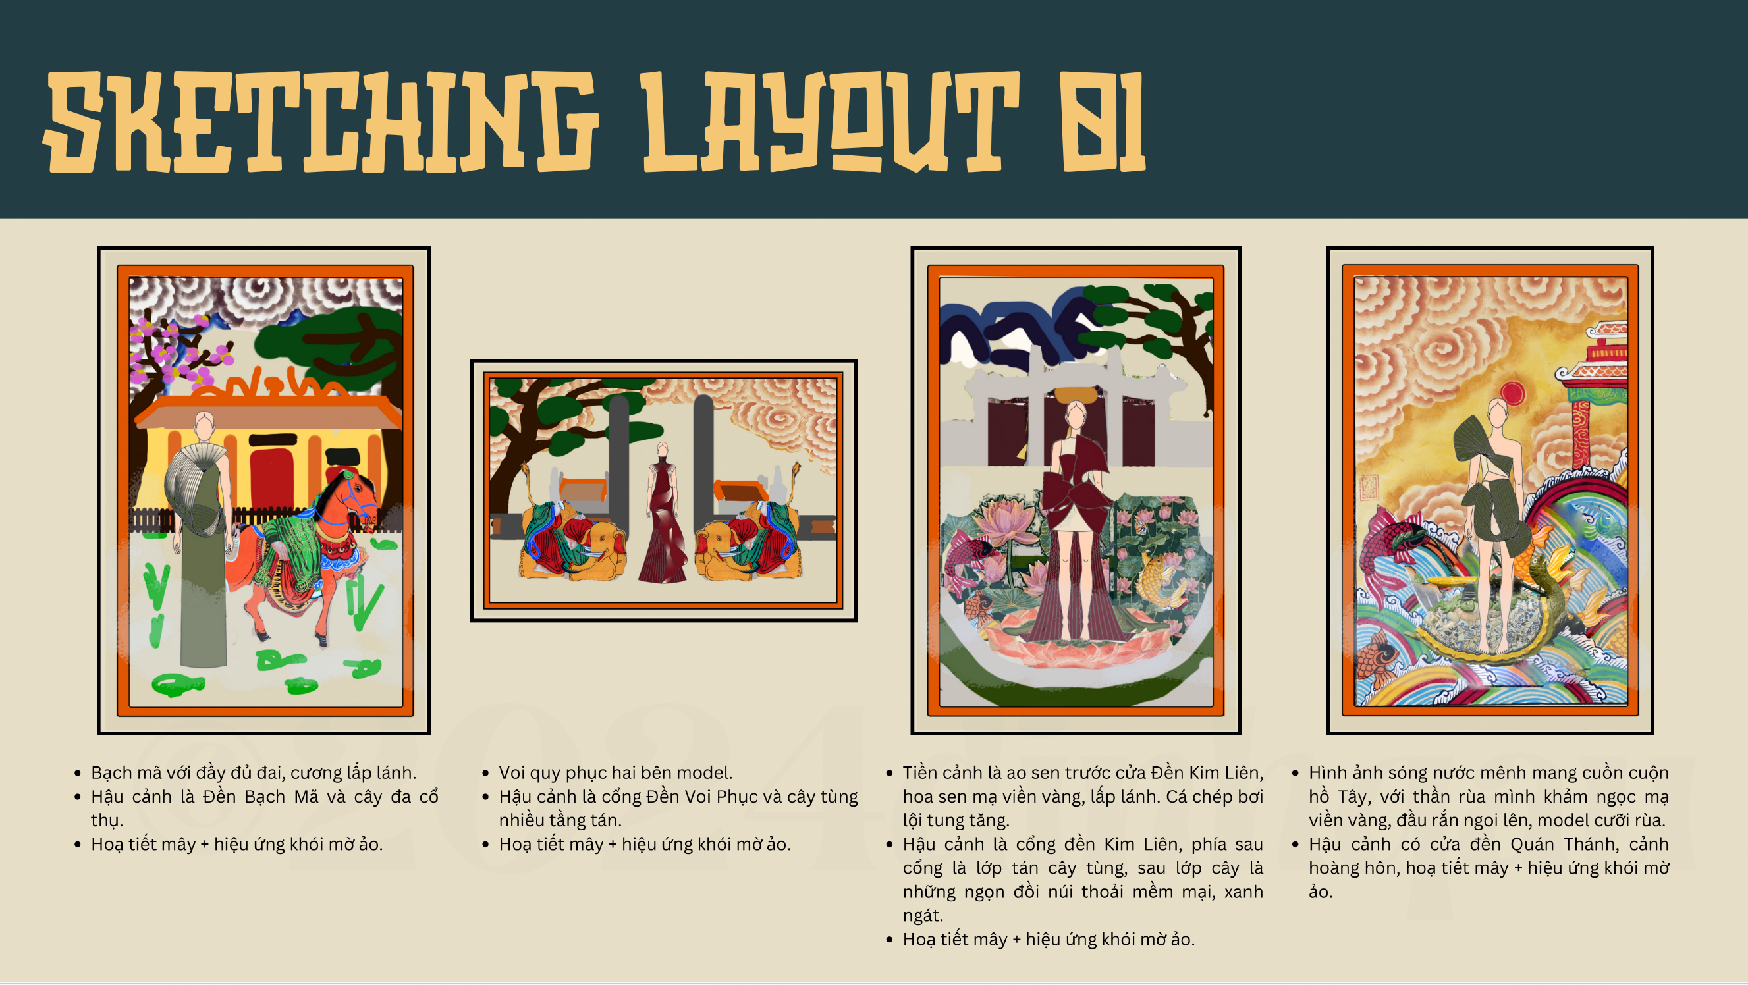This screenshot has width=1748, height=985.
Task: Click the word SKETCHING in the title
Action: coord(321,121)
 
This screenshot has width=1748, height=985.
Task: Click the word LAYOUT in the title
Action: coord(831,121)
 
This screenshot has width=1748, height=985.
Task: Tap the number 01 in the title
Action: coord(1103,121)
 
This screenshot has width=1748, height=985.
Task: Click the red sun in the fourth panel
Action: coord(1512,394)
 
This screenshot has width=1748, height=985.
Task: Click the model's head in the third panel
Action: coord(1076,413)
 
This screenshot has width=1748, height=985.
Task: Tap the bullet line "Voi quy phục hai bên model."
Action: coord(615,774)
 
